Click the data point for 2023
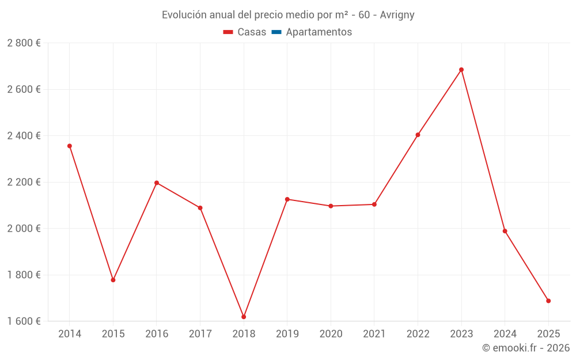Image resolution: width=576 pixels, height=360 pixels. click(461, 70)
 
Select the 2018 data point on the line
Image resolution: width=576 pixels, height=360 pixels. click(244, 317)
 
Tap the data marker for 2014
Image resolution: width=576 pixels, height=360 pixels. click(70, 146)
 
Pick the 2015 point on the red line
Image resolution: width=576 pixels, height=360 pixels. click(113, 280)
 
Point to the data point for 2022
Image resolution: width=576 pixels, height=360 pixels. click(418, 135)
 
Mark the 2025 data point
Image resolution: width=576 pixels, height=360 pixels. click(548, 301)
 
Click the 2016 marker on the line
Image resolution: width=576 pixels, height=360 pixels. click(157, 183)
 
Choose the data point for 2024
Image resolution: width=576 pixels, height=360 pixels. click(505, 231)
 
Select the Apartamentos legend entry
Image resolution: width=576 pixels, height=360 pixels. click(319, 32)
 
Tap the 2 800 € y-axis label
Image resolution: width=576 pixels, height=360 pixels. click(24, 43)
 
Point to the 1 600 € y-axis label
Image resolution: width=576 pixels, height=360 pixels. click(24, 321)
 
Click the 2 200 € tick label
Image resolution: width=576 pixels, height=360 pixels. click(24, 182)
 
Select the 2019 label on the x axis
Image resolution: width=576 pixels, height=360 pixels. click(287, 334)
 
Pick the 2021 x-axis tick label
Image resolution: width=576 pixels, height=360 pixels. click(374, 334)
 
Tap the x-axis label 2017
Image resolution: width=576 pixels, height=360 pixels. click(200, 334)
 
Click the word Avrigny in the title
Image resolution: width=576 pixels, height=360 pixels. click(397, 15)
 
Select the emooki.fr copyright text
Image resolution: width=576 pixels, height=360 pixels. click(526, 348)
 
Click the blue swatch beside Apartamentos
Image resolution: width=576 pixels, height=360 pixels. click(276, 32)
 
